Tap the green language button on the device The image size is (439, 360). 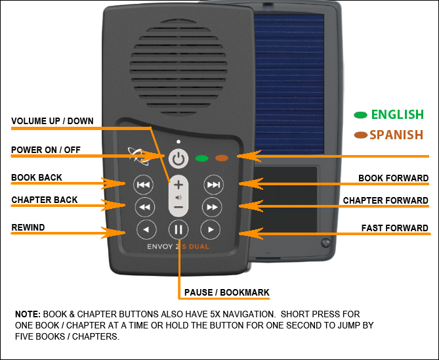(201, 158)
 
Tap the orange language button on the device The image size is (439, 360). (222, 158)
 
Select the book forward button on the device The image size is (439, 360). (212, 185)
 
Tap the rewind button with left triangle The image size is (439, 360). (146, 230)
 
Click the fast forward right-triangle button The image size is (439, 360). (210, 230)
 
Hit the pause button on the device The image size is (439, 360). (178, 230)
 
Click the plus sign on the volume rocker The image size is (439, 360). (178, 185)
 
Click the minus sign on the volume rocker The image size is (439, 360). (178, 208)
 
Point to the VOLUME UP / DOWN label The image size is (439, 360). (52, 121)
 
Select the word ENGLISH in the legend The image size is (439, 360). (397, 114)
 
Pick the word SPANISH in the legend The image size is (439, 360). (396, 135)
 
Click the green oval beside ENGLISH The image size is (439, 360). (360, 115)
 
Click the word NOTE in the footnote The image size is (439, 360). (28, 315)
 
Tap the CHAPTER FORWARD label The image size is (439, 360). (385, 200)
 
